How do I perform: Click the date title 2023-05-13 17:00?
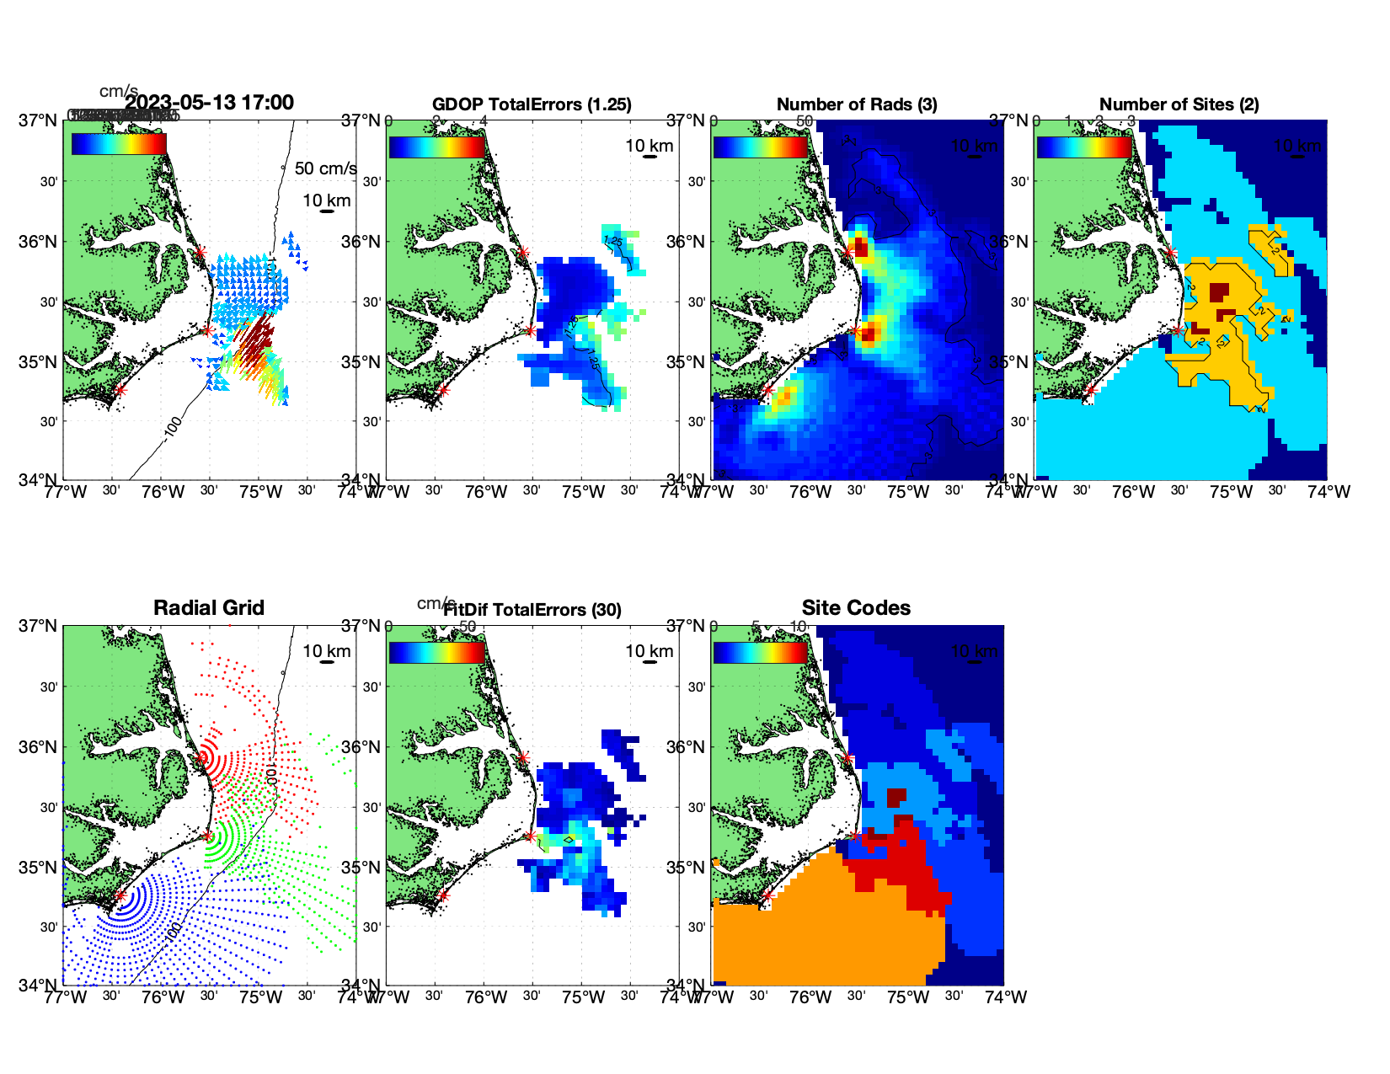[x=209, y=103]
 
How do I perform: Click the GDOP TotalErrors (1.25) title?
[x=532, y=104]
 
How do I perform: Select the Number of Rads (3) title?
[x=857, y=104]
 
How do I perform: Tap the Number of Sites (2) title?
[x=1179, y=104]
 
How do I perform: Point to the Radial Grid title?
[x=209, y=608]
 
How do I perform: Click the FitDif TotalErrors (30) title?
[x=533, y=610]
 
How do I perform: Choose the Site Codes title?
[x=856, y=608]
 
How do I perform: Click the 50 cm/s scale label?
[x=325, y=168]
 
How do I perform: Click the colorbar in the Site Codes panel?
[x=761, y=652]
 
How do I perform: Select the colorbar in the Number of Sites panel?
[x=1084, y=147]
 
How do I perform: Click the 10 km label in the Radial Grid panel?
[x=327, y=651]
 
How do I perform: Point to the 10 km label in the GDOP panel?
[x=650, y=146]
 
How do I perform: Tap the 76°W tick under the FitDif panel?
[x=486, y=997]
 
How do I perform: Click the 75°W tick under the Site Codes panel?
[x=908, y=997]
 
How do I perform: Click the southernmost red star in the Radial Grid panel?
[x=120, y=895]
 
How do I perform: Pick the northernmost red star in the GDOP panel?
[x=523, y=252]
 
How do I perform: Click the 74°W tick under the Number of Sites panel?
[x=1329, y=492]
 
